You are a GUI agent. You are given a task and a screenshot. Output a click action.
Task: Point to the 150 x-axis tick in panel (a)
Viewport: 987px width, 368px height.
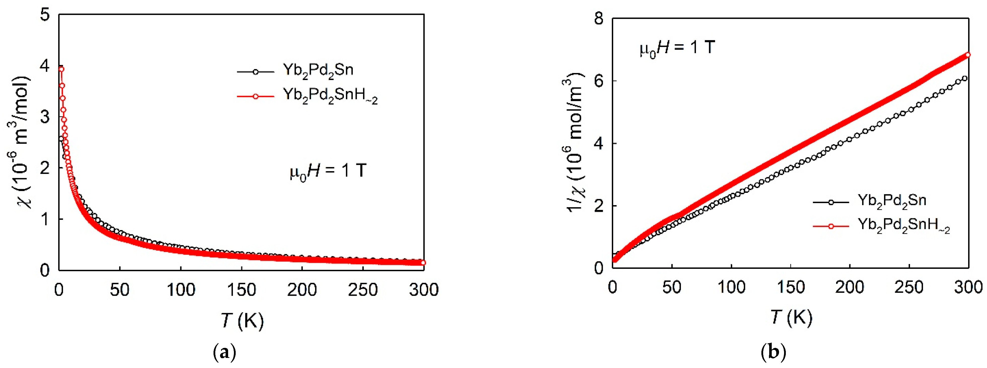(x=241, y=290)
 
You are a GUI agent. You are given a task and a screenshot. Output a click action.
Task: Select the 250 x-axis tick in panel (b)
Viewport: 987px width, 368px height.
(x=909, y=287)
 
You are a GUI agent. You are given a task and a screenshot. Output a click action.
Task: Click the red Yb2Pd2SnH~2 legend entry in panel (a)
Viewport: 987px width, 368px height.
(x=330, y=96)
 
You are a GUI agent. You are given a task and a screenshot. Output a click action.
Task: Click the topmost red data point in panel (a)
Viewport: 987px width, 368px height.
(x=61, y=69)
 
